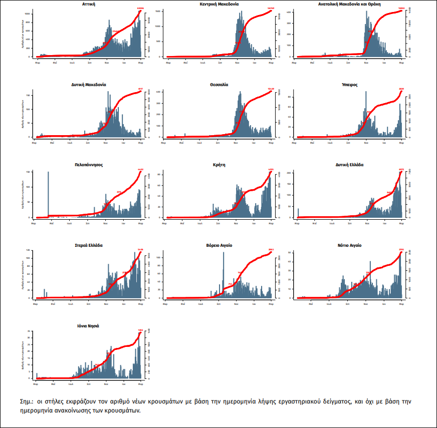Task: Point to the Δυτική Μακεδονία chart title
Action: [89, 85]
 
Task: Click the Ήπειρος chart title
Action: [350, 85]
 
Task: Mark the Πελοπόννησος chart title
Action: [89, 164]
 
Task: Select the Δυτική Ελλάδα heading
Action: [350, 164]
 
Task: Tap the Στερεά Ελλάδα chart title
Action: [89, 245]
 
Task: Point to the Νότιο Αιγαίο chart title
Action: [350, 245]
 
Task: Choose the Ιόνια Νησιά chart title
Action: [89, 325]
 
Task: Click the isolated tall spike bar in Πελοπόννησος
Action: [48, 195]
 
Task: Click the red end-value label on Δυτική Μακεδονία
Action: [141, 89]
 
